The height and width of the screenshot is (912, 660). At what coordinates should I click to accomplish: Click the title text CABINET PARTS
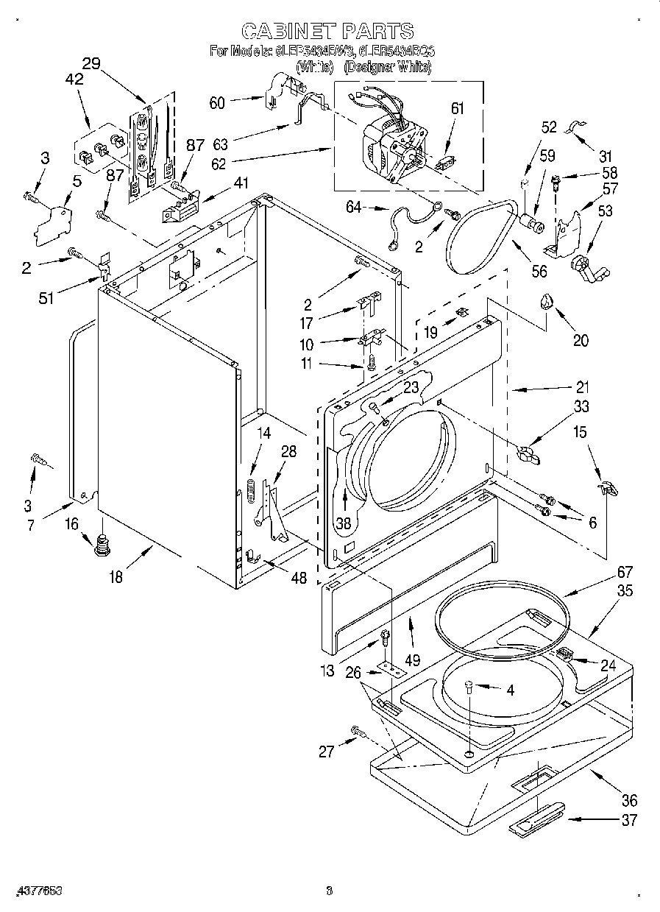tap(327, 31)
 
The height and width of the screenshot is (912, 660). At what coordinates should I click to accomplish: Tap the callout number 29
tap(91, 63)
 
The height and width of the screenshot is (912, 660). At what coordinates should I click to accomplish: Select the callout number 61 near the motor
tap(457, 108)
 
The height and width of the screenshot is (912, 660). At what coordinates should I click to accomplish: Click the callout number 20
tap(581, 340)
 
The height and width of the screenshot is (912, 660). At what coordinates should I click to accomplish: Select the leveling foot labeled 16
tap(102, 545)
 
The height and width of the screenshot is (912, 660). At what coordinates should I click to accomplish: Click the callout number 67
tap(604, 572)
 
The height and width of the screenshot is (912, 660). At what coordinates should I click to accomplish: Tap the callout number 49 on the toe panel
tap(412, 660)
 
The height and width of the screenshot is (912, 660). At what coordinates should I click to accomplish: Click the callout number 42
tap(74, 81)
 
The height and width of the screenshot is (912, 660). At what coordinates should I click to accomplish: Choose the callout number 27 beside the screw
tap(326, 751)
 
